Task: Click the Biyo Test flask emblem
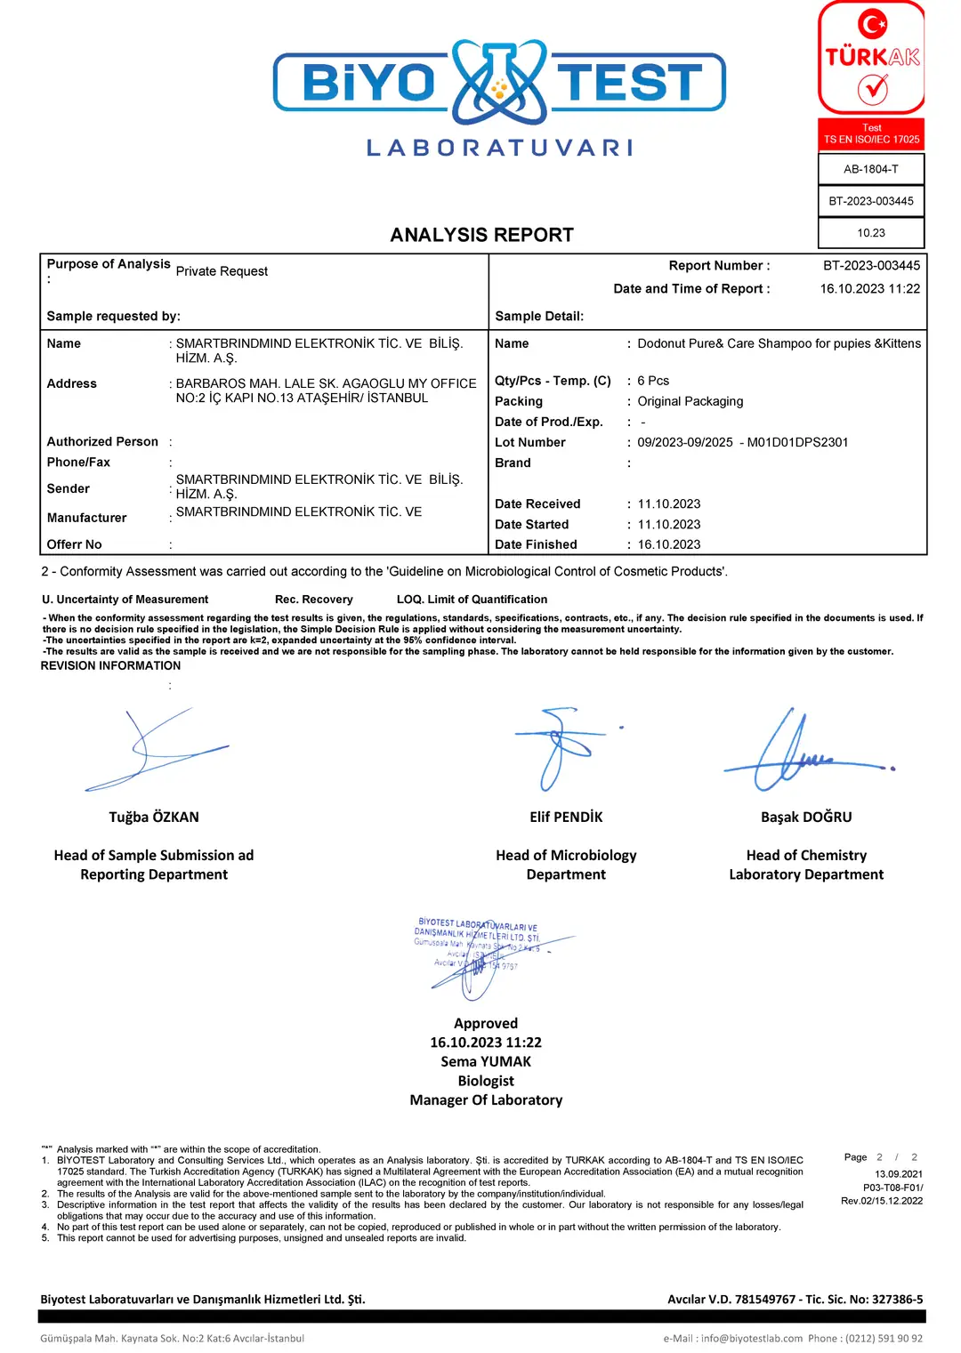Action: pyautogui.click(x=499, y=81)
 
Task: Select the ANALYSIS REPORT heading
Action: pyautogui.click(x=481, y=235)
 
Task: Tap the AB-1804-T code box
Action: pyautogui.click(x=871, y=169)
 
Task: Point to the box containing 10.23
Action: pyautogui.click(x=871, y=233)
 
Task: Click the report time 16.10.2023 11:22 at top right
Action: pyautogui.click(x=869, y=289)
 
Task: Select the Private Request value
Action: pyautogui.click(x=222, y=271)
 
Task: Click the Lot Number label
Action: pyautogui.click(x=530, y=442)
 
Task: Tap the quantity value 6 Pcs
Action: pyautogui.click(x=653, y=381)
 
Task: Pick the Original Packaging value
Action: pyautogui.click(x=690, y=401)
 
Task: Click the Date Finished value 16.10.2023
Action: pyautogui.click(x=668, y=544)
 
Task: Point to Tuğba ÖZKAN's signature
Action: pyautogui.click(x=156, y=749)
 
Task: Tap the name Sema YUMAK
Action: pyautogui.click(x=486, y=1062)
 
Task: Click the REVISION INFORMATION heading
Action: pyautogui.click(x=110, y=665)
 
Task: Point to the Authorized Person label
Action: pyautogui.click(x=102, y=441)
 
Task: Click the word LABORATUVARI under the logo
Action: pyautogui.click(x=500, y=148)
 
